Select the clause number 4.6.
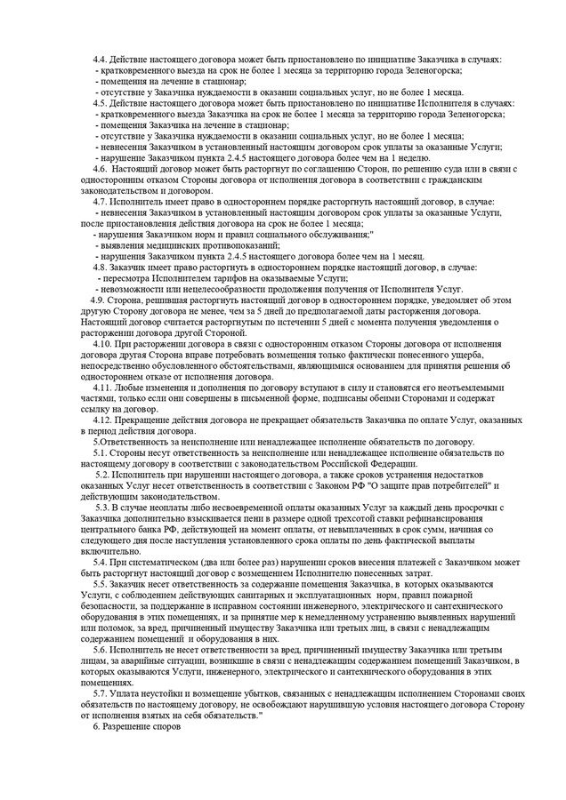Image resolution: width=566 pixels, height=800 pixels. click(x=101, y=167)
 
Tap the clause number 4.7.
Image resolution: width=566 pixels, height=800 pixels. click(x=101, y=202)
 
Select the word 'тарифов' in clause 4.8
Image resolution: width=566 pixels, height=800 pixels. click(x=203, y=277)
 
